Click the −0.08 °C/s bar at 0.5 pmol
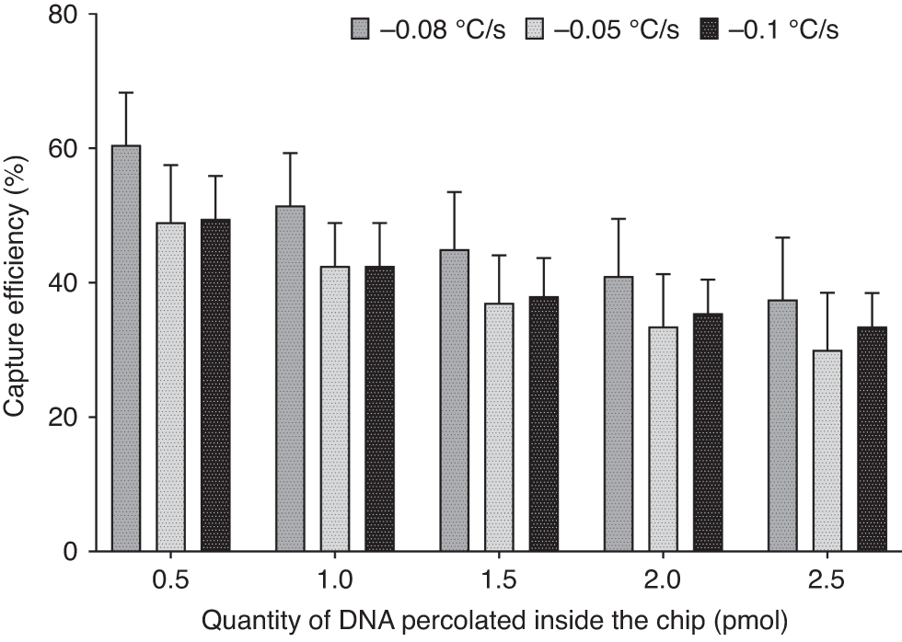126,350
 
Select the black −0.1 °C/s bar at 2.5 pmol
872,439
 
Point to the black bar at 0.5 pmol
215,386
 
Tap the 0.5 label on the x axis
170,581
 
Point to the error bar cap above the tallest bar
126,93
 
